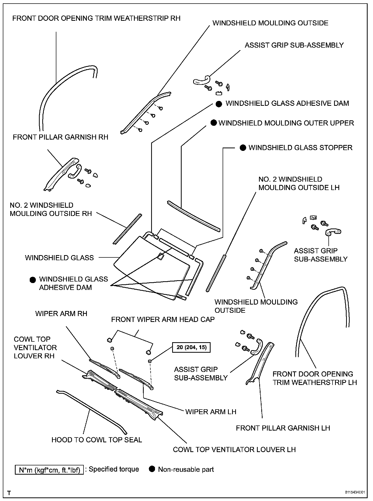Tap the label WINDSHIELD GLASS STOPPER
coord(300,148)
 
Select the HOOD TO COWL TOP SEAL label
coord(97,440)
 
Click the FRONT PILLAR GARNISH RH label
coord(60,137)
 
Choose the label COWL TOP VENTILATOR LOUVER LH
coord(234,450)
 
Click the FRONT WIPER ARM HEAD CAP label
coord(163,319)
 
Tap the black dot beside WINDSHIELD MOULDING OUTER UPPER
coord(214,123)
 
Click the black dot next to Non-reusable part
coord(152,469)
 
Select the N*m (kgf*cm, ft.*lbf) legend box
coord(49,470)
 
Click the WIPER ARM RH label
coord(61,314)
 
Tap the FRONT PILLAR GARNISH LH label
coord(283,428)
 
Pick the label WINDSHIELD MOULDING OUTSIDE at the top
coord(270,23)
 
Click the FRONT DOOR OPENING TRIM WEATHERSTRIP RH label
coord(96,18)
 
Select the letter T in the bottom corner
coord(9,493)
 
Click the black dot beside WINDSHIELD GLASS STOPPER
coord(243,148)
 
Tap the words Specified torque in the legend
coord(114,469)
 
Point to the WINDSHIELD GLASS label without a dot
coord(59,258)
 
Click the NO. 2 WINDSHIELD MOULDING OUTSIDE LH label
coord(299,183)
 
